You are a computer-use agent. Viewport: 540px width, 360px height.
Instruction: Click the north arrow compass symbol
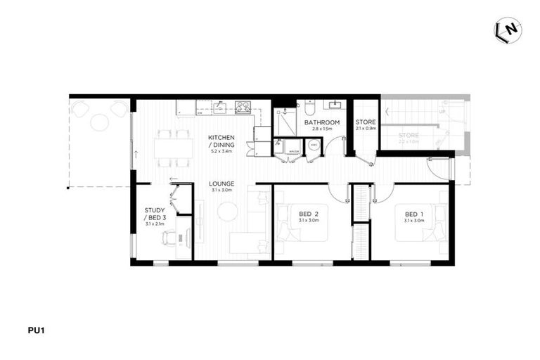click(508, 30)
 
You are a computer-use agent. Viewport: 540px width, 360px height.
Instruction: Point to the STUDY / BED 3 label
click(155, 214)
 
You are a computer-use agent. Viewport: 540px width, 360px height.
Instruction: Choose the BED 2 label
click(309, 214)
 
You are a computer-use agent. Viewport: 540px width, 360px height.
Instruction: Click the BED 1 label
click(414, 214)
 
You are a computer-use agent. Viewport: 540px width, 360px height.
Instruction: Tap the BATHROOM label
click(322, 122)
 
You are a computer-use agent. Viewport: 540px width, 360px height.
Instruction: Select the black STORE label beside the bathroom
click(366, 122)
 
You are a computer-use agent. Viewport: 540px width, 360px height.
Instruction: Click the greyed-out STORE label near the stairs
click(409, 135)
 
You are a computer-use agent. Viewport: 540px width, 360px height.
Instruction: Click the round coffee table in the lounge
click(228, 211)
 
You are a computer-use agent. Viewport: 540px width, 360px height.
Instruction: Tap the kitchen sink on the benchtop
click(219, 108)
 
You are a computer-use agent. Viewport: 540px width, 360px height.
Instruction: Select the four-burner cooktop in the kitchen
click(243, 107)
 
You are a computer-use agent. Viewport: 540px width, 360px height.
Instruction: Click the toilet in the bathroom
click(309, 109)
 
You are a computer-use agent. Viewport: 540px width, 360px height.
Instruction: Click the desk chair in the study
click(169, 238)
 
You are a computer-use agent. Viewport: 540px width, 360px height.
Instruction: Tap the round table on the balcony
click(100, 122)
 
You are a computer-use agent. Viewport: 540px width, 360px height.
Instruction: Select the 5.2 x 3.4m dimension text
click(221, 151)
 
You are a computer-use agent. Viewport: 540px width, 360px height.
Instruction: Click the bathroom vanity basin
click(334, 106)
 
